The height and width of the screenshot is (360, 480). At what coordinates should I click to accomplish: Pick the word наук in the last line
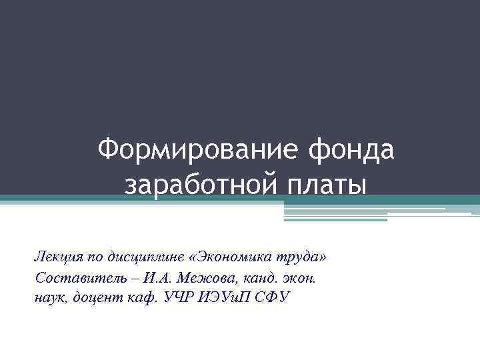point(49,297)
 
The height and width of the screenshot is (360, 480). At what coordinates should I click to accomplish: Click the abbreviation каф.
point(139,297)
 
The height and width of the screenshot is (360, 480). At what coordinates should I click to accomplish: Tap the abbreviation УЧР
point(175,297)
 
